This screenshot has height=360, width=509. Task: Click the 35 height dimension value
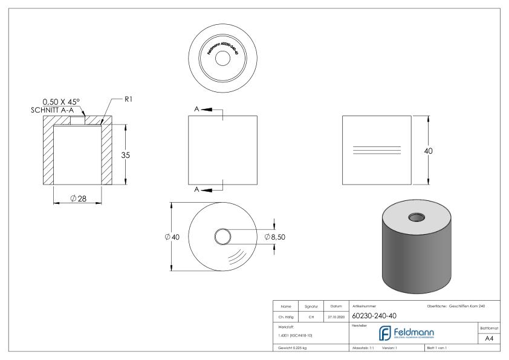126,155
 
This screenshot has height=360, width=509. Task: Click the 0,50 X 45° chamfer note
65,102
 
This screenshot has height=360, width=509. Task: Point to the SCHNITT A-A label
55,110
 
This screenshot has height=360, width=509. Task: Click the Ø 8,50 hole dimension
274,237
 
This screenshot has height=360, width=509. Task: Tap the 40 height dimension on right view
429,151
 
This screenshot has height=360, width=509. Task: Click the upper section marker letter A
197,109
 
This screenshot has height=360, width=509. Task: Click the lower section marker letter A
197,189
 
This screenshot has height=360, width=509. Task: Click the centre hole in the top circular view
222,59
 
